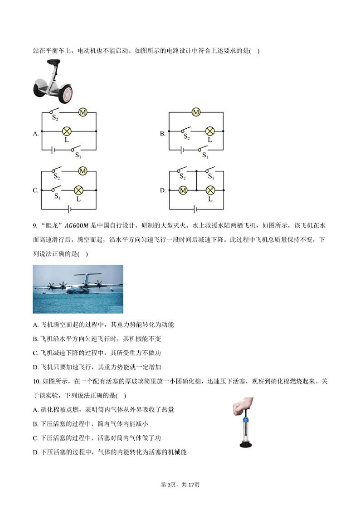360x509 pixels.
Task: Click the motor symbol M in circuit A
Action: coord(83,112)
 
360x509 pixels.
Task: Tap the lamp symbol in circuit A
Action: coord(67,131)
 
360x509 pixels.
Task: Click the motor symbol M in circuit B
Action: coord(196,112)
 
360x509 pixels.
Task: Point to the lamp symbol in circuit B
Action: coord(209,131)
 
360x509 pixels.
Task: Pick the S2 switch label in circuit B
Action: coord(186,136)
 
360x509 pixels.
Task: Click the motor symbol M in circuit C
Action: coord(83,171)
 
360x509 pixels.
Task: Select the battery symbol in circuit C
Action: coord(68,209)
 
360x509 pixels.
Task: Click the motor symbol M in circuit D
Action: coord(183,190)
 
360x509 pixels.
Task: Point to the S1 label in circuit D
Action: coord(211,177)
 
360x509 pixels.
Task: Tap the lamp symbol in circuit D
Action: coord(210,190)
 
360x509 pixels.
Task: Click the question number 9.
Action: coord(35,226)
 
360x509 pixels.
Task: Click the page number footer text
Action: coord(180,485)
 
